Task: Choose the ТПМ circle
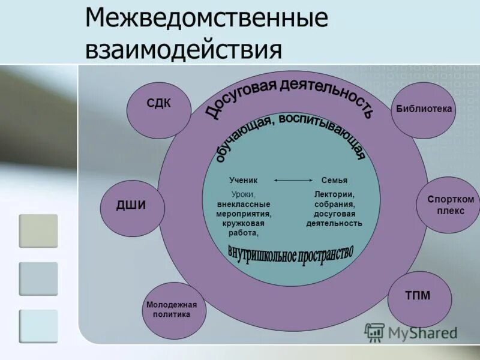click(x=419, y=298)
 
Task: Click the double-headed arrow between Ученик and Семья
click(x=293, y=180)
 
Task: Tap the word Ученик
click(x=243, y=180)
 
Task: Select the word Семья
click(x=334, y=180)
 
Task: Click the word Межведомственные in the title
click(x=206, y=20)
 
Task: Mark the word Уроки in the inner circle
click(x=243, y=194)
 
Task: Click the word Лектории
click(x=334, y=194)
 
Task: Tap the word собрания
click(x=334, y=204)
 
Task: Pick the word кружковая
click(x=244, y=223)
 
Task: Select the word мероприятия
click(x=244, y=214)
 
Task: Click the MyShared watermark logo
click(x=411, y=332)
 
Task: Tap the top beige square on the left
click(x=38, y=231)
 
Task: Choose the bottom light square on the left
click(x=38, y=326)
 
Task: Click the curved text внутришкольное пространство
click(x=291, y=254)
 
